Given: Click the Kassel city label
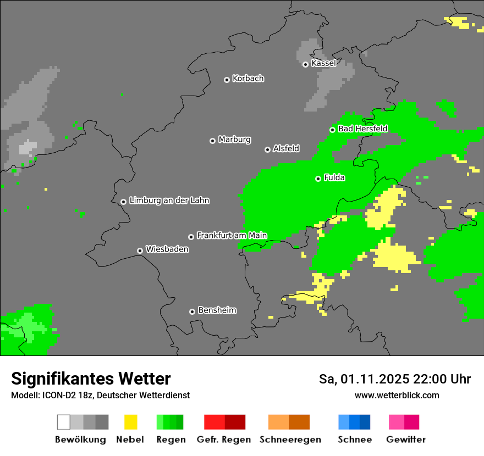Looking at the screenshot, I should click(323, 63).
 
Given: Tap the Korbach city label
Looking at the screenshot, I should click(248, 79).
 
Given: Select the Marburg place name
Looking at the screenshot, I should click(234, 140).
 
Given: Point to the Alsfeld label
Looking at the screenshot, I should click(286, 148).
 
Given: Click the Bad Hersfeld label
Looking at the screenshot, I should click(362, 129).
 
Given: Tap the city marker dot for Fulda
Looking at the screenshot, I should click(318, 179).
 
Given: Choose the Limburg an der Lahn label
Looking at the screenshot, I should click(169, 201).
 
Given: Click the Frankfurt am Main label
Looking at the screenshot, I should click(232, 236).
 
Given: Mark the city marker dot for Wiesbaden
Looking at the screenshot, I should click(140, 251).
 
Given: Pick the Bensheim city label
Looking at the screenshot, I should click(217, 310).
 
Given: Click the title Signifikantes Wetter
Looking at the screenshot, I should click(91, 379).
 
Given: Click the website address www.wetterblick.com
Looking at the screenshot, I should click(397, 395).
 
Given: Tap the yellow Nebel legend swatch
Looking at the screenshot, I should click(130, 422).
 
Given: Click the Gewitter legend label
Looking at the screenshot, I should click(406, 440).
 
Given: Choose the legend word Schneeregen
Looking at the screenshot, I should click(290, 440).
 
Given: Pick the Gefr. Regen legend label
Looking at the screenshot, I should click(224, 440).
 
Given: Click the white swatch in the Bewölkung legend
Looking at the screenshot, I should click(63, 422).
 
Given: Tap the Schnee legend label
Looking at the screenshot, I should click(354, 440).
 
